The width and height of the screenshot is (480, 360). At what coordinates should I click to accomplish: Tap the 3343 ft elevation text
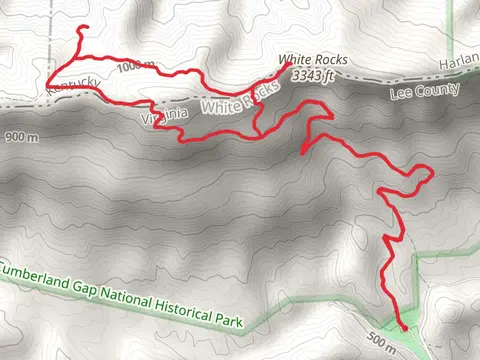pyautogui.click(x=314, y=74)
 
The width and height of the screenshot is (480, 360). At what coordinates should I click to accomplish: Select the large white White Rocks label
pyautogui.click(x=240, y=99)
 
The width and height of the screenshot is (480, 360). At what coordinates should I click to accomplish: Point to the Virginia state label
pyautogui.click(x=165, y=116)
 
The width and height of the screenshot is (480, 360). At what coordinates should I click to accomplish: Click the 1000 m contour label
pyautogui.click(x=136, y=67)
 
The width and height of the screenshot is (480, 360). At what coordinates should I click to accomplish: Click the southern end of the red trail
pyautogui.click(x=403, y=325)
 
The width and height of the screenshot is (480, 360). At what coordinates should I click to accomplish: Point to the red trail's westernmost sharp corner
pyautogui.click(x=46, y=81)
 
